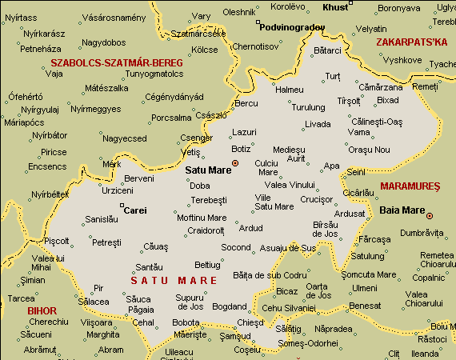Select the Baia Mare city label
click(401, 212)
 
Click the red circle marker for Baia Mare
click(430, 215)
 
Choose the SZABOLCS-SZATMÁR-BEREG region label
click(115, 62)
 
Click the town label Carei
click(136, 210)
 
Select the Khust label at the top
click(335, 7)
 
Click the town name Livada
click(318, 124)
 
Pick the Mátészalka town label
click(106, 88)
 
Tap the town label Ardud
click(250, 228)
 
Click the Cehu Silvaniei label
click(290, 307)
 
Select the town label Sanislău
click(102, 218)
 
